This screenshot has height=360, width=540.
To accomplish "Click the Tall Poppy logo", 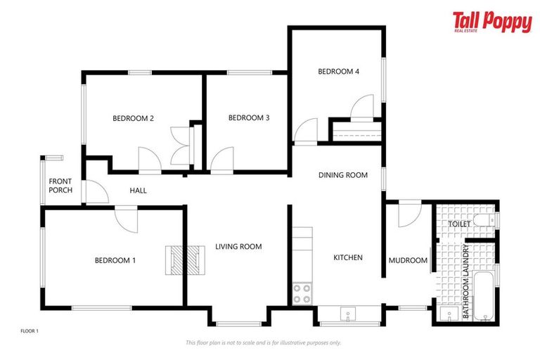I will click(492, 22).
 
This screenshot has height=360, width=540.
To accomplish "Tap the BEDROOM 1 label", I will click(115, 261).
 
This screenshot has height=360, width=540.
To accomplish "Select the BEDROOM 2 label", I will click(133, 119).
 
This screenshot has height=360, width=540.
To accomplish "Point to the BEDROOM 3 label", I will click(249, 118).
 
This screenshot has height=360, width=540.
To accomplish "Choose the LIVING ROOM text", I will click(238, 247).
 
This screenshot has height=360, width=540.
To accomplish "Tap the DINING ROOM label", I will click(343, 176).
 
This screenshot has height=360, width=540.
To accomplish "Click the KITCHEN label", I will click(347, 258).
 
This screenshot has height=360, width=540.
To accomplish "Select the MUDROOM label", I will click(408, 261).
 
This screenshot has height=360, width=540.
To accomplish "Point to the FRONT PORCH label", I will click(60, 186).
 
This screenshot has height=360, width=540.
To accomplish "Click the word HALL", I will click(138, 191).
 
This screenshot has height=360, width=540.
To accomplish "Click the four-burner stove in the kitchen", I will click(302, 294).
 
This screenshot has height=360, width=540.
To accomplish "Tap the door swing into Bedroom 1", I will click(127, 219).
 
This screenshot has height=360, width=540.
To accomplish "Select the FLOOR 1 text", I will click(30, 330).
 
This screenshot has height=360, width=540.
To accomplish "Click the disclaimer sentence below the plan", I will click(263, 343).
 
